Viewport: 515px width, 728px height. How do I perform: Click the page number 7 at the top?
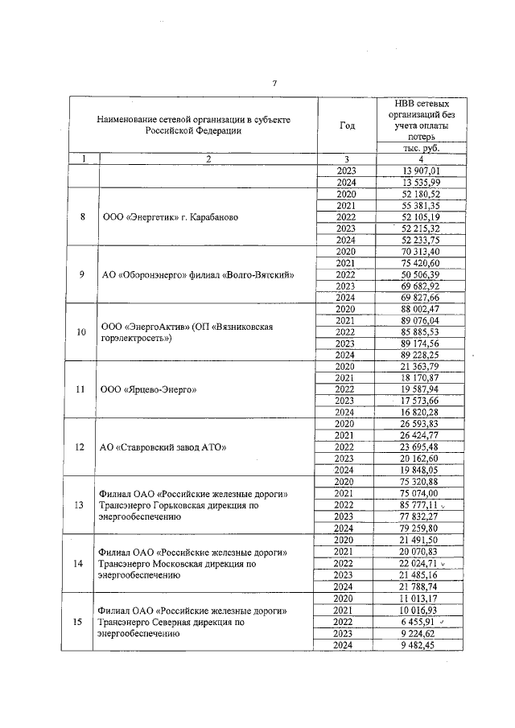[274, 83]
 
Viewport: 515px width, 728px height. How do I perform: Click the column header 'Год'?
[347, 125]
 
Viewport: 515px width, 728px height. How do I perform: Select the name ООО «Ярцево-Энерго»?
[150, 389]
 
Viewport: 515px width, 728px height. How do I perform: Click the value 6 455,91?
[422, 622]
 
